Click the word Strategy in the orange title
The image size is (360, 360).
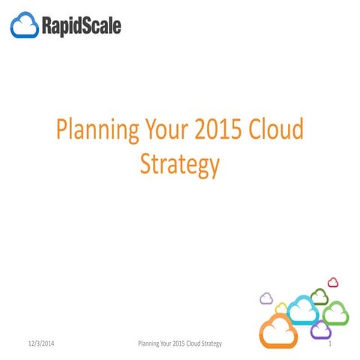181,164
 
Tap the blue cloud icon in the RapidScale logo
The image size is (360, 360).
24,27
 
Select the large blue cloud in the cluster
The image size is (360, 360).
303,309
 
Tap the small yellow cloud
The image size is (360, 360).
282,307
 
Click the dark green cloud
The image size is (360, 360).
319,296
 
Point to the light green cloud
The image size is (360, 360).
334,312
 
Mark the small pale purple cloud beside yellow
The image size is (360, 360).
265,298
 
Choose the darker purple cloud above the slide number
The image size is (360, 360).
321,329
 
